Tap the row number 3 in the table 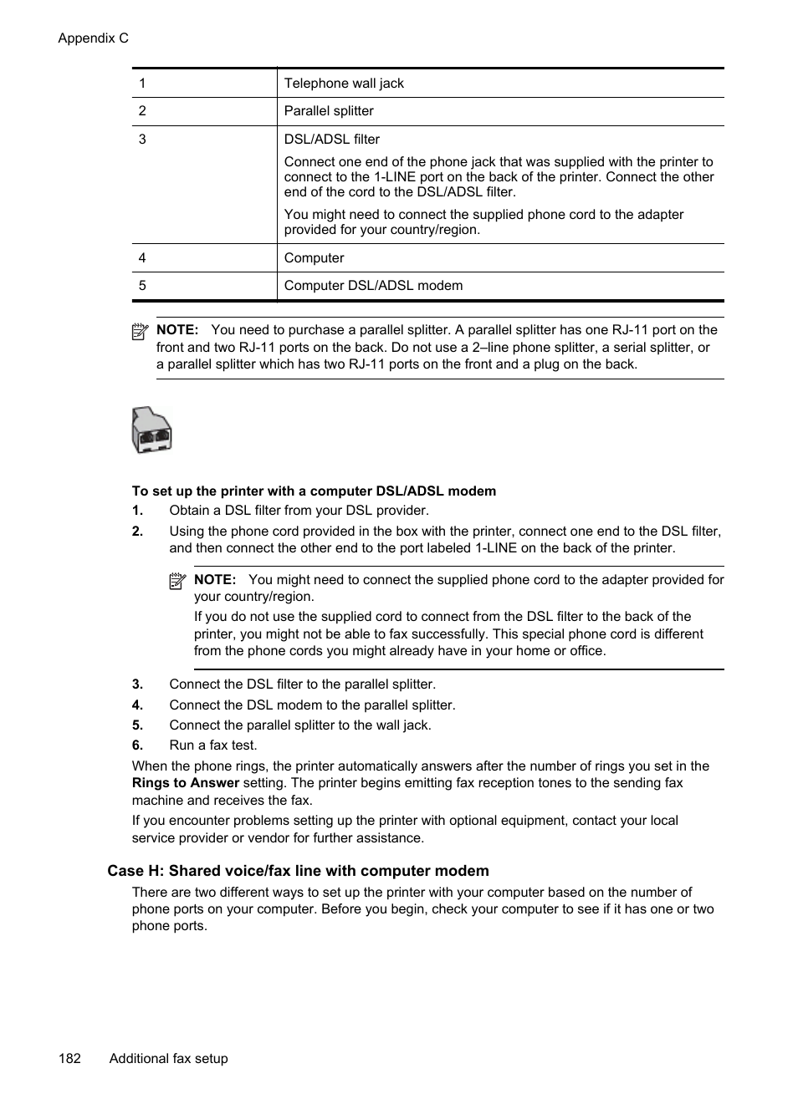(142, 139)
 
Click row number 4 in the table (142, 257)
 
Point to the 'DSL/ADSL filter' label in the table (331, 139)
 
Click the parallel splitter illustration (151, 430)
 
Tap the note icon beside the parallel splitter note (140, 331)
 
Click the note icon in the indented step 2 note (176, 581)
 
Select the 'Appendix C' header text (93, 38)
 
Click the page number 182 (69, 1058)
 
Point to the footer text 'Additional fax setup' (168, 1058)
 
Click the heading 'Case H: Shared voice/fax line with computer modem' (298, 870)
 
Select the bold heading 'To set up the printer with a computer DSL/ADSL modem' (314, 491)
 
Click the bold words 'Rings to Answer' (186, 783)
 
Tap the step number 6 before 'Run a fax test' (137, 745)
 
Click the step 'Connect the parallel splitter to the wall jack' (300, 725)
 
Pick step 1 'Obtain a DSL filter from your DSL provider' (299, 510)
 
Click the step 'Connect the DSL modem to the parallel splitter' (312, 705)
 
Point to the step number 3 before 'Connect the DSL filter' (137, 684)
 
